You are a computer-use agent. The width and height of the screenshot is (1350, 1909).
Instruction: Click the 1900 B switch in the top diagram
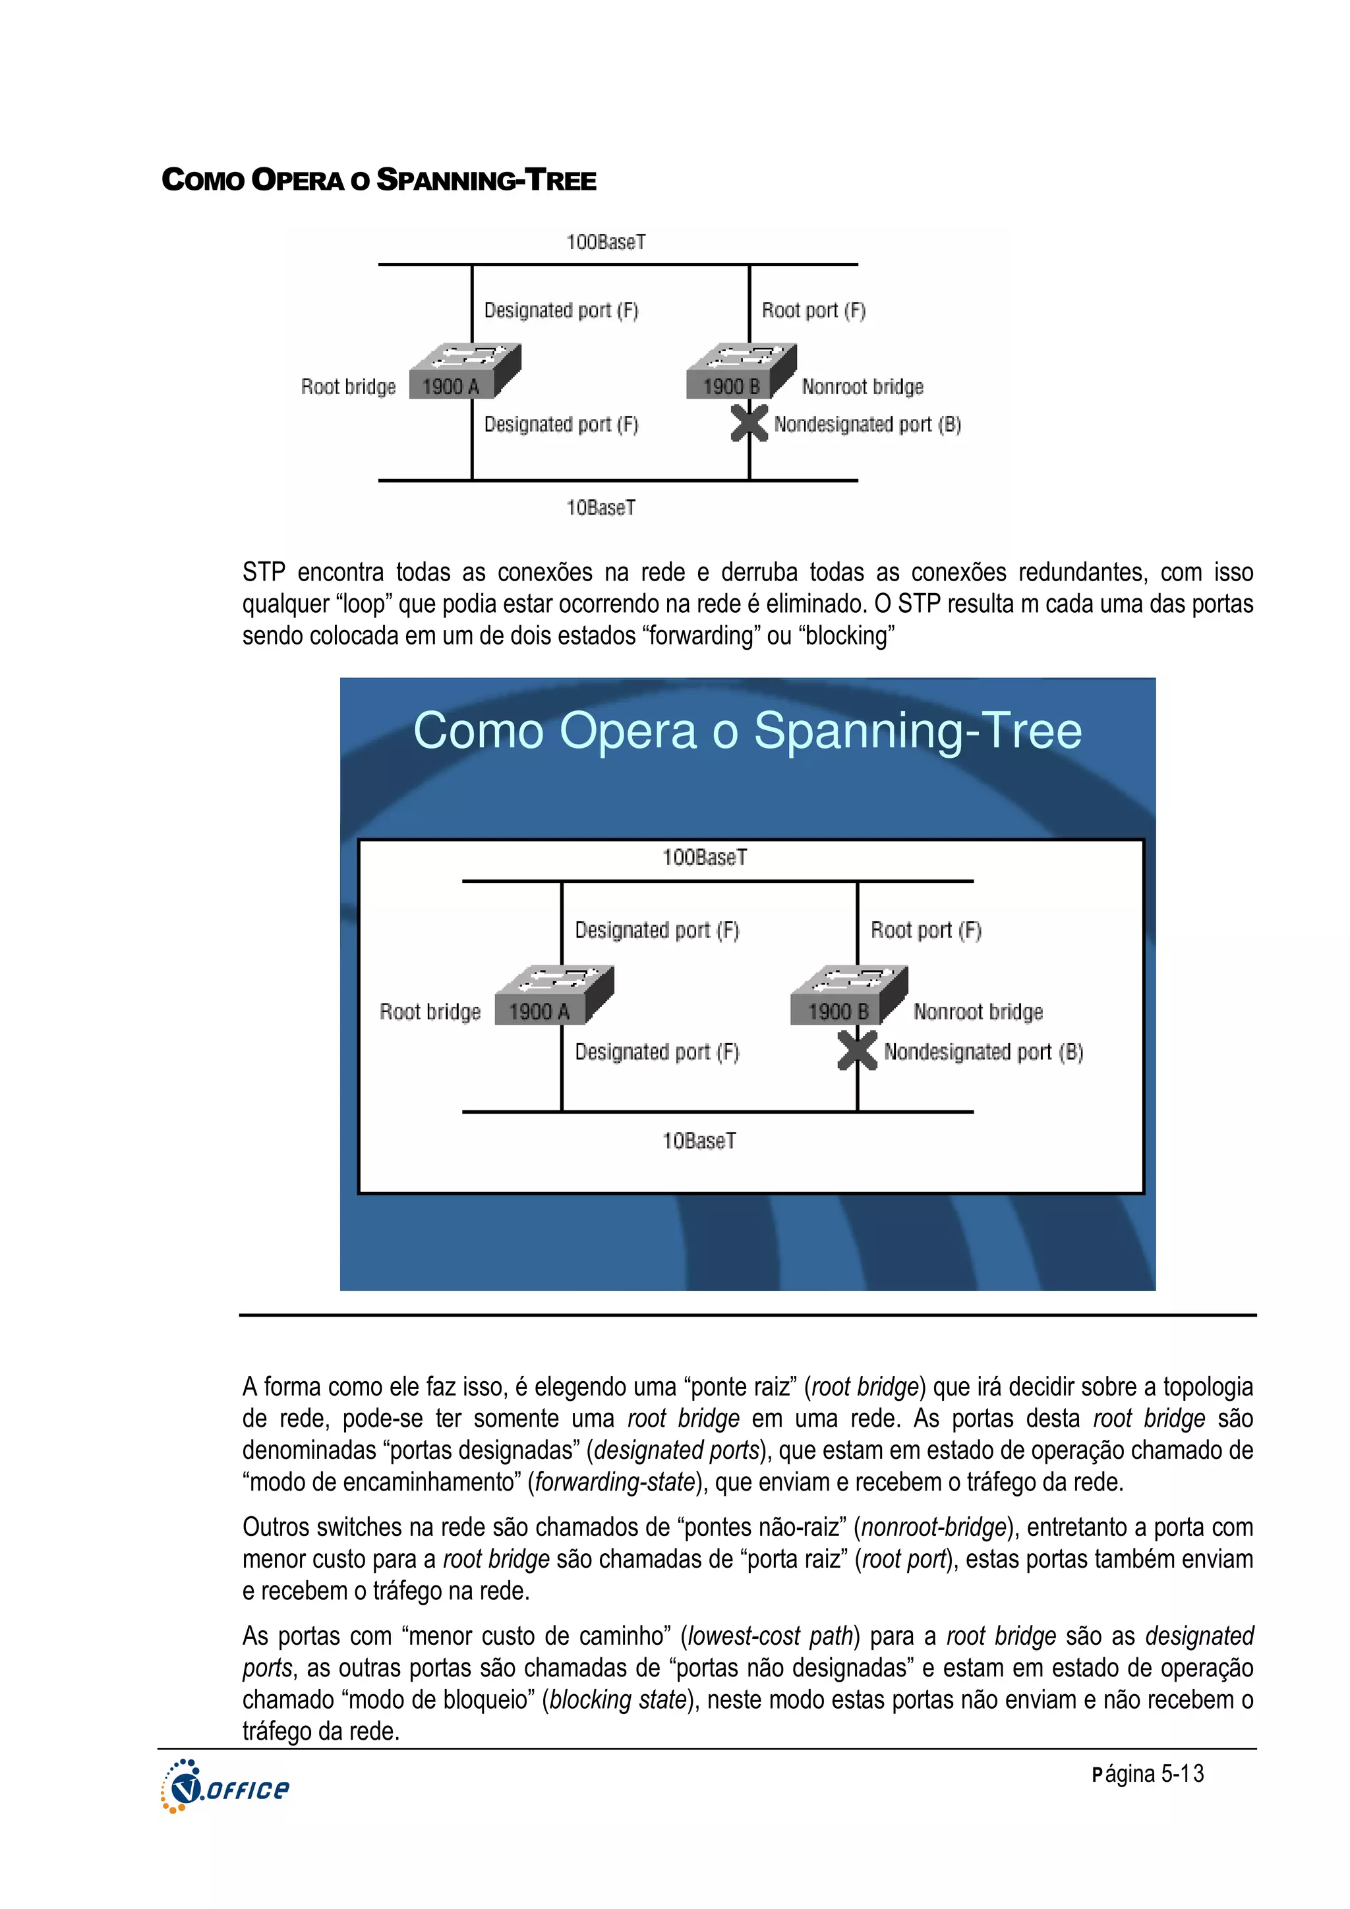(x=740, y=372)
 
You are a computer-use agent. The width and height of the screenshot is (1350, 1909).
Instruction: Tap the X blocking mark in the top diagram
(x=749, y=422)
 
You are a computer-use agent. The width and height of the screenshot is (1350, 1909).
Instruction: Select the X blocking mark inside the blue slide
(x=857, y=1050)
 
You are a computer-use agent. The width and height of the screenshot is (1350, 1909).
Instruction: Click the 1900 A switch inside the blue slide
(x=553, y=996)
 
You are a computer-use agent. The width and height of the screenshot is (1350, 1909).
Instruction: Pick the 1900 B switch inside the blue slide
(x=848, y=996)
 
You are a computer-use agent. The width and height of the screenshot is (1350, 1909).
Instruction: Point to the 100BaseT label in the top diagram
(x=606, y=242)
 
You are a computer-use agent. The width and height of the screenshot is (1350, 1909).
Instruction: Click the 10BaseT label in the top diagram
(x=601, y=507)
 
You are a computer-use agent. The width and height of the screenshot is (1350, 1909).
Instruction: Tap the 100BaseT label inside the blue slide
(x=704, y=857)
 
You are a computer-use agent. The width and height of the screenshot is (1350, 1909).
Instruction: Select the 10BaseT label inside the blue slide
(x=699, y=1141)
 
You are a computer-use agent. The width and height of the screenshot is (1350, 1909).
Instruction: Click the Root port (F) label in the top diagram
(x=813, y=310)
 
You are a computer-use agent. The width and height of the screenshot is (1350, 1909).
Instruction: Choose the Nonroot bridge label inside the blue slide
(x=978, y=1012)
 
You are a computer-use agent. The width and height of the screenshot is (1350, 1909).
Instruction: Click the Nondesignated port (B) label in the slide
(x=983, y=1052)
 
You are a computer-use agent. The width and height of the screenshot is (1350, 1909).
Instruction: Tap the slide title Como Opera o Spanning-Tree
(x=747, y=731)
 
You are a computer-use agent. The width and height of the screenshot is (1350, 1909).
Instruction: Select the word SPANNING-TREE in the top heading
(x=486, y=181)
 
